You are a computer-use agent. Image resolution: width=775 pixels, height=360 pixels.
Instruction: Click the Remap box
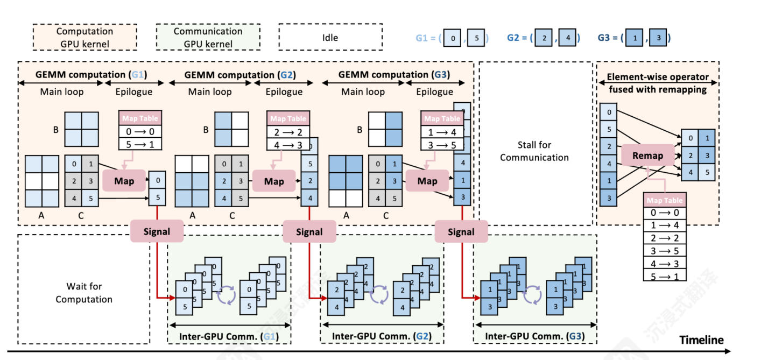(x=647, y=156)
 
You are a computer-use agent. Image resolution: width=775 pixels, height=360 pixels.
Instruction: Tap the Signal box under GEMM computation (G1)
(x=157, y=232)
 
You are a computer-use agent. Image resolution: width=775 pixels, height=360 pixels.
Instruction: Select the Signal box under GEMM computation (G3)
(x=461, y=232)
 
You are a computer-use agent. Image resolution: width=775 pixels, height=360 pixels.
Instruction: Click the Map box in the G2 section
(x=274, y=181)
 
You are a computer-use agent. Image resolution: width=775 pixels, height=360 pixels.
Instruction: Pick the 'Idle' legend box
(x=330, y=38)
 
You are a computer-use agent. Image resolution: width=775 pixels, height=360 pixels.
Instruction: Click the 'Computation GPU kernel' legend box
(x=84, y=38)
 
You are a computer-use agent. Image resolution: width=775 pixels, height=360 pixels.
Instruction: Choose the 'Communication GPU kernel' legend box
(x=208, y=38)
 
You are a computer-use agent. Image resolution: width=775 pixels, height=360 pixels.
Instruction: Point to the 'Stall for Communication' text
(x=534, y=151)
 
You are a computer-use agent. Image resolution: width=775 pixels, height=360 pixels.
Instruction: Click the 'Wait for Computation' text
(x=84, y=293)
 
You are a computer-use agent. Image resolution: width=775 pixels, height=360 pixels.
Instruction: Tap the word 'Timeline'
(x=701, y=340)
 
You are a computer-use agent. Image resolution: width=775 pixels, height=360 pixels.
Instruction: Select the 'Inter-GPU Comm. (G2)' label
(x=382, y=336)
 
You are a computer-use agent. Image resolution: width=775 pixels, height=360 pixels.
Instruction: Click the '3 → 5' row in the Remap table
(x=665, y=250)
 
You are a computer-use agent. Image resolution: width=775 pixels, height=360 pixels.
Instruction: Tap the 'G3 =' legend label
(x=608, y=38)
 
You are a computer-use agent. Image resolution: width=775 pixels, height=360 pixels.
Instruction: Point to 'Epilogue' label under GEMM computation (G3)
(x=435, y=91)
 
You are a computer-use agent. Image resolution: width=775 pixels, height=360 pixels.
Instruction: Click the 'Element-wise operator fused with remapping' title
(x=658, y=83)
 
